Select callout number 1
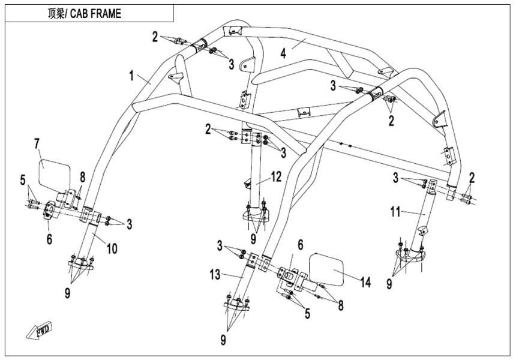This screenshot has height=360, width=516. [x=131, y=76]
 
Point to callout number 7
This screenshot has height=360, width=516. [x=37, y=143]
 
